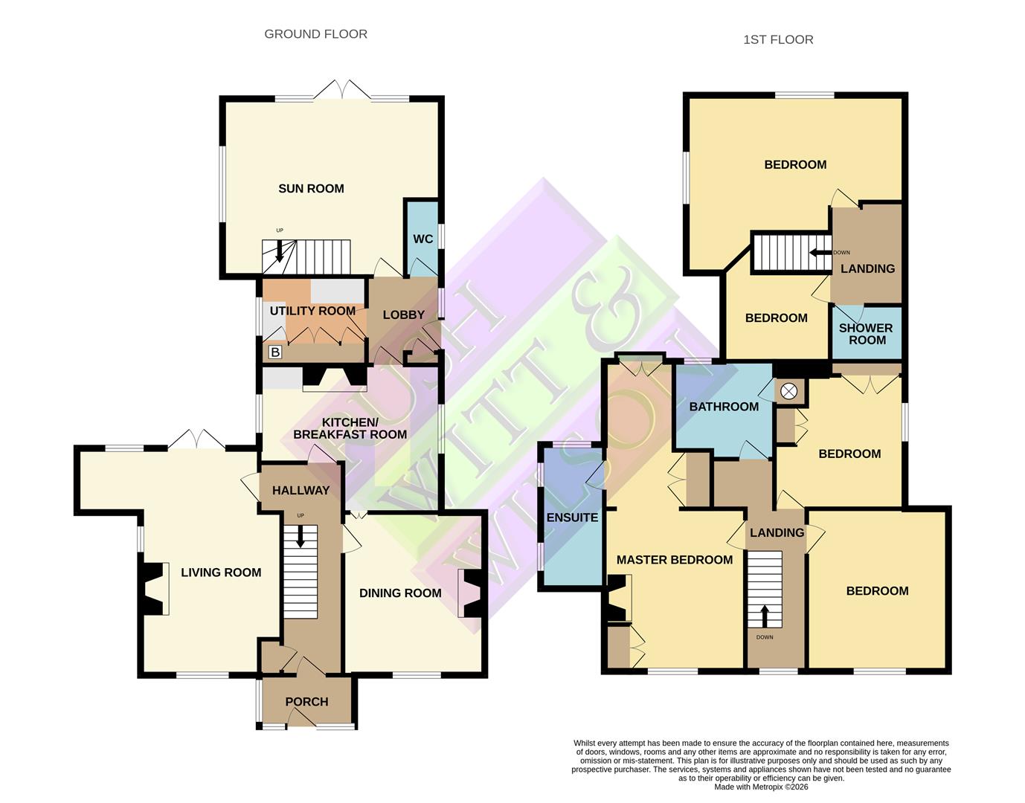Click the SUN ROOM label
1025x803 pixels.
click(x=311, y=189)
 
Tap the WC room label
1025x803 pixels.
click(x=422, y=239)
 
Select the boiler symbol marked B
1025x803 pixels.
click(x=274, y=352)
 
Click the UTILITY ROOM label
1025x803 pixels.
click(x=312, y=311)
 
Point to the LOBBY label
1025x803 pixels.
click(x=403, y=315)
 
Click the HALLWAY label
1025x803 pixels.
click(x=301, y=491)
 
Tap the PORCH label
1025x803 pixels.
click(x=306, y=702)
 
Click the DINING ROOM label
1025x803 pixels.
click(x=400, y=593)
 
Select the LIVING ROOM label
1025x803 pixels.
click(x=221, y=573)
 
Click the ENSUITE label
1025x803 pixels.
click(x=572, y=517)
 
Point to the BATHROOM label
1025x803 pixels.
click(x=724, y=407)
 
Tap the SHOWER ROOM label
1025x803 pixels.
click(x=867, y=334)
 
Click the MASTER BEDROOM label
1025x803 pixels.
click(x=675, y=560)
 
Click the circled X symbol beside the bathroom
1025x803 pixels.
click(x=788, y=391)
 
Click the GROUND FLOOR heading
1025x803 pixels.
click(x=315, y=34)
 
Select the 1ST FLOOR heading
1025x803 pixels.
click(x=778, y=40)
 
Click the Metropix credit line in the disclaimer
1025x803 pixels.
click(x=761, y=787)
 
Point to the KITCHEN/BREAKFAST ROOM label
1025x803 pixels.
click(x=350, y=428)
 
